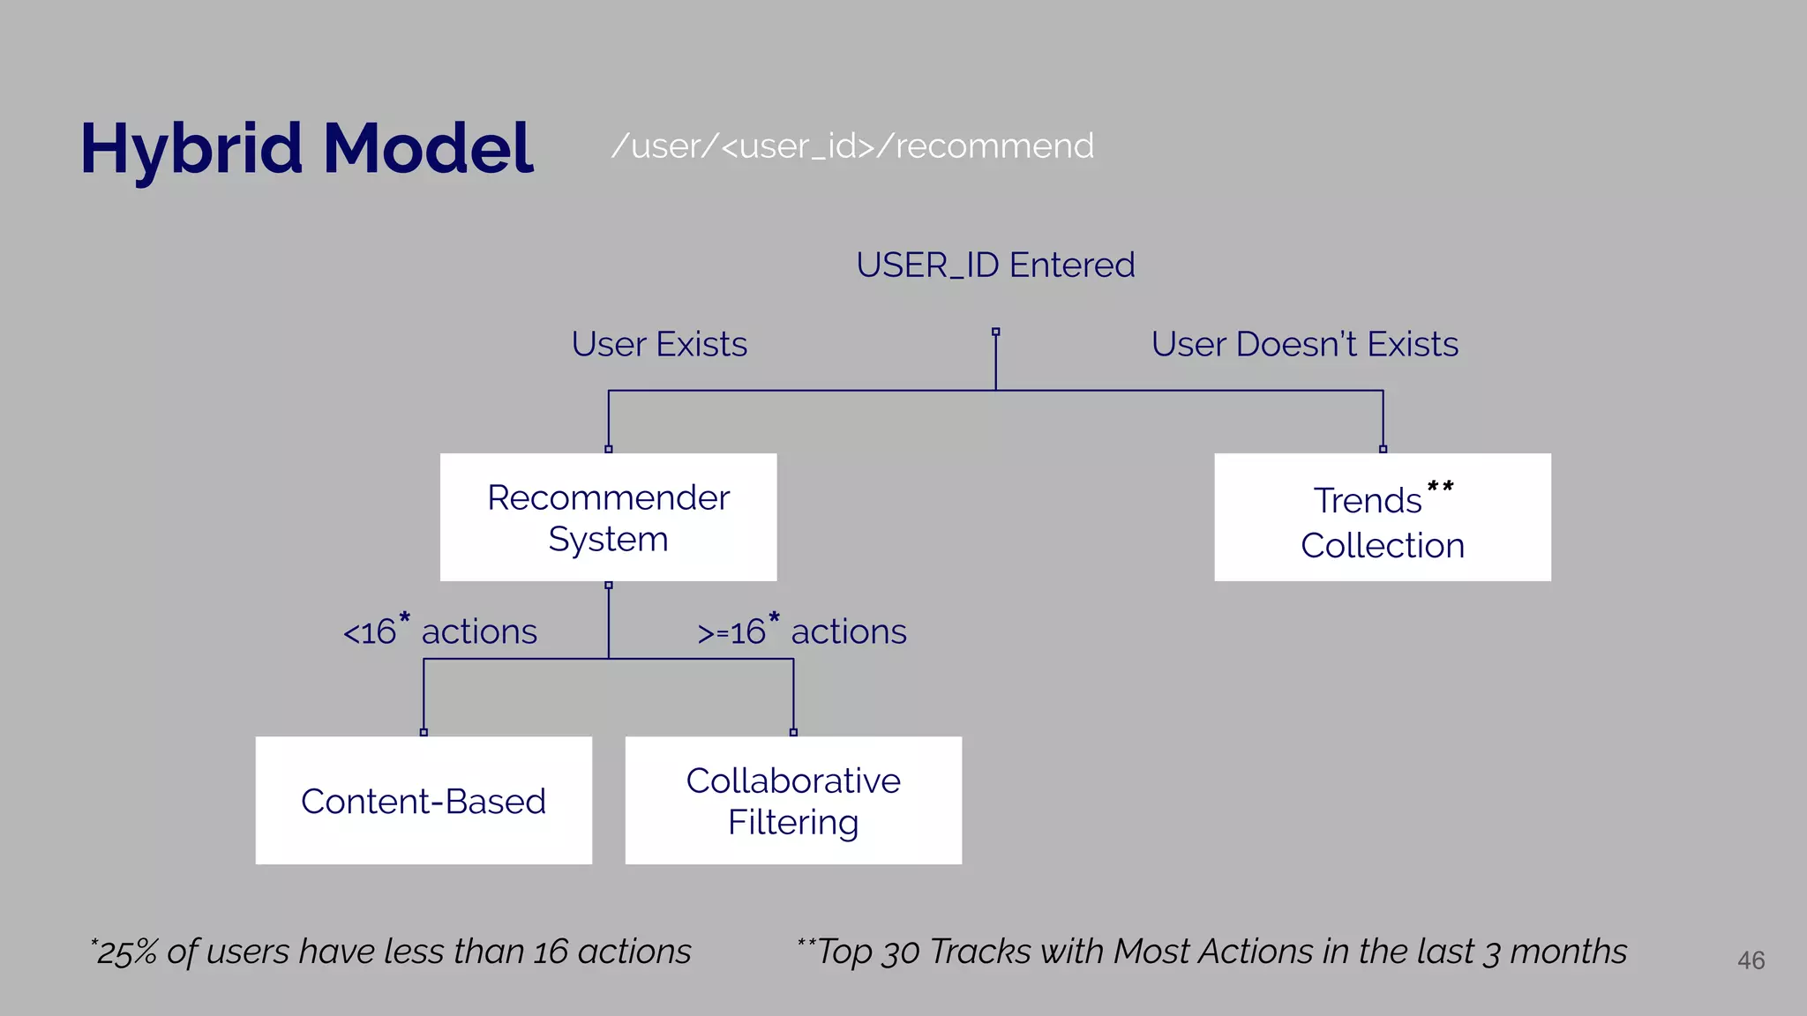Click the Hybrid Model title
306,148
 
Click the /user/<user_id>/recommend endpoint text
852,146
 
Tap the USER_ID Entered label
995,265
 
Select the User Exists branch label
659,344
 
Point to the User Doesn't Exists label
1304,344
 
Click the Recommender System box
608,518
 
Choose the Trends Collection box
1382,518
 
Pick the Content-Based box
424,801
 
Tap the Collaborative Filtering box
793,801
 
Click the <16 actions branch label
439,631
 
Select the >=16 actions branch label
801,631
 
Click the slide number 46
1751,960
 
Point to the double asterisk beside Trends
1440,487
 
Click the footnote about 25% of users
392,952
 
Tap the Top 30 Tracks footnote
1212,952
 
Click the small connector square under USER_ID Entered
995,332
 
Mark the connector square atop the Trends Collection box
1383,449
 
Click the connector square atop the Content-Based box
424,732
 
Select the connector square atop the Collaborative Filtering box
793,732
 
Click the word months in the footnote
1568,952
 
